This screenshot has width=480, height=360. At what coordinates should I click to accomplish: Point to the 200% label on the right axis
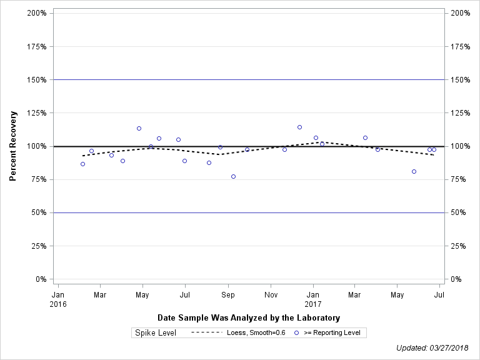pos(459,13)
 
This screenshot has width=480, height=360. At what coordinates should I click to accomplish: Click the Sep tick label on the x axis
pos(228,294)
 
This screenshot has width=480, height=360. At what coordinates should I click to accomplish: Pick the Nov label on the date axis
pos(271,294)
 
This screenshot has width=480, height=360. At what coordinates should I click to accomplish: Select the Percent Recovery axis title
pos(13,146)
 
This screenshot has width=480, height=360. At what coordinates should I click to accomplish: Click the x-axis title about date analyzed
pos(249,317)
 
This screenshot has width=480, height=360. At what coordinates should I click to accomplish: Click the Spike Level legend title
pos(156,332)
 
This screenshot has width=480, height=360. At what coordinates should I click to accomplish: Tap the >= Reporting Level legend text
pos(332,332)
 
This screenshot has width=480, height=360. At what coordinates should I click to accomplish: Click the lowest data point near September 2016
pos(233,176)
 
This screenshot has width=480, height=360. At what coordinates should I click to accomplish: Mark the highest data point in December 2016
pos(299,127)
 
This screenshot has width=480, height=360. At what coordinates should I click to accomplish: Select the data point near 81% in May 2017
pos(414,171)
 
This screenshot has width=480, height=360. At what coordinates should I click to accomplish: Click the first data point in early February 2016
pos(82,164)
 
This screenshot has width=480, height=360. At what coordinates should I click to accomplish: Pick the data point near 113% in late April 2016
pos(139,128)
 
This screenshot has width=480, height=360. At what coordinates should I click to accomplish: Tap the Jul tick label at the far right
pos(439,294)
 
